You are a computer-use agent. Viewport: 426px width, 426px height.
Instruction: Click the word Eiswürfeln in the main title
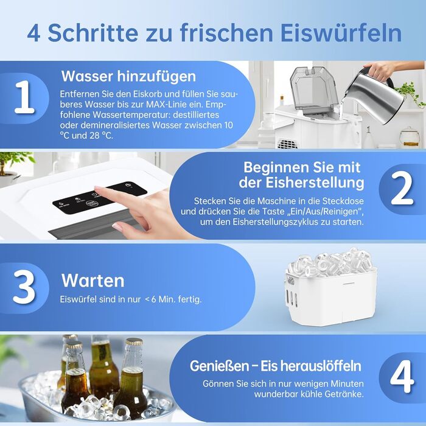click(341, 33)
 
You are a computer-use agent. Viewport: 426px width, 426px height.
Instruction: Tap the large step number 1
click(24, 97)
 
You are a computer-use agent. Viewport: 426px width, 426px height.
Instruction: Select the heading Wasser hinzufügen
click(128, 77)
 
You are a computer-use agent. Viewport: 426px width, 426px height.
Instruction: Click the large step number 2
click(402, 189)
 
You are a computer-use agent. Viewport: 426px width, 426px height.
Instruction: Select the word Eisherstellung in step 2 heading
click(315, 183)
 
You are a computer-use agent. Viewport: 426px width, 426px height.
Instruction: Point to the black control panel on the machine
click(99, 198)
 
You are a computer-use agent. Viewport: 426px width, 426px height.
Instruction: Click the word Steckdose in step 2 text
click(343, 201)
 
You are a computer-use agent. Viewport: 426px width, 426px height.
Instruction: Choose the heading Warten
click(93, 281)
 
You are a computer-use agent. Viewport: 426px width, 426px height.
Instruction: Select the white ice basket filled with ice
click(331, 288)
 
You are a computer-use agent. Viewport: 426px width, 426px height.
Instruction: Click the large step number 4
click(402, 377)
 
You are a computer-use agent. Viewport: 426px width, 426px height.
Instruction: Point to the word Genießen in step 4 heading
click(219, 366)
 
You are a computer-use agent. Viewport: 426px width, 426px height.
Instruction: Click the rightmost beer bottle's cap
click(134, 341)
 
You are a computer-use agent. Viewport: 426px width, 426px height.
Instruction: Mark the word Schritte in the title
click(93, 33)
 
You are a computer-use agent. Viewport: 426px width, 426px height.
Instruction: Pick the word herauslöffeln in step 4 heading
click(311, 366)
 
